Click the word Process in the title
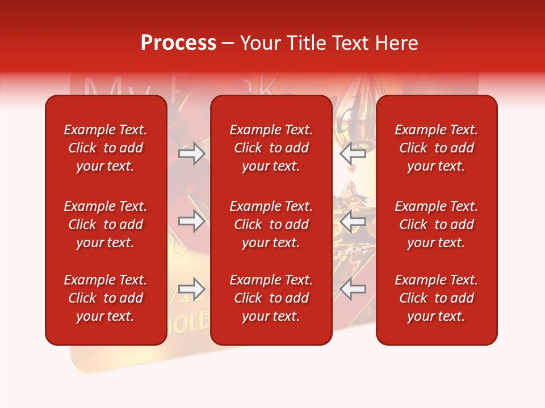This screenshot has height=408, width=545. pos(178,43)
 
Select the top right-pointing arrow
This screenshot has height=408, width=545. pos(191,154)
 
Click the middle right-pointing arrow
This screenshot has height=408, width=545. pos(191,221)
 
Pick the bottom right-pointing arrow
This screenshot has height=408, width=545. pos(191,289)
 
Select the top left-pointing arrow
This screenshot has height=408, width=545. pos(353,154)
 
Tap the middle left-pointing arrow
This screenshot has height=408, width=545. pos(353,221)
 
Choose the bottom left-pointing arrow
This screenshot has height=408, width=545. pos(353,289)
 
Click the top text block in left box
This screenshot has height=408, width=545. pos(106,148)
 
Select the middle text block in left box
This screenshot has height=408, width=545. pos(106,224)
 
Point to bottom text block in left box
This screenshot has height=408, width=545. pos(106,298)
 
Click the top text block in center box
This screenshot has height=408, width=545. pos(271,148)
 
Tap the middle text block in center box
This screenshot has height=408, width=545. pos(271,224)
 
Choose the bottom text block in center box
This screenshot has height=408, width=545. pos(271,298)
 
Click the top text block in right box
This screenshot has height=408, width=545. pos(437,148)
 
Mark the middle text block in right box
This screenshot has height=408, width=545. pos(437,224)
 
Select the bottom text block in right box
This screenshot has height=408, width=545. pos(437,298)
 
